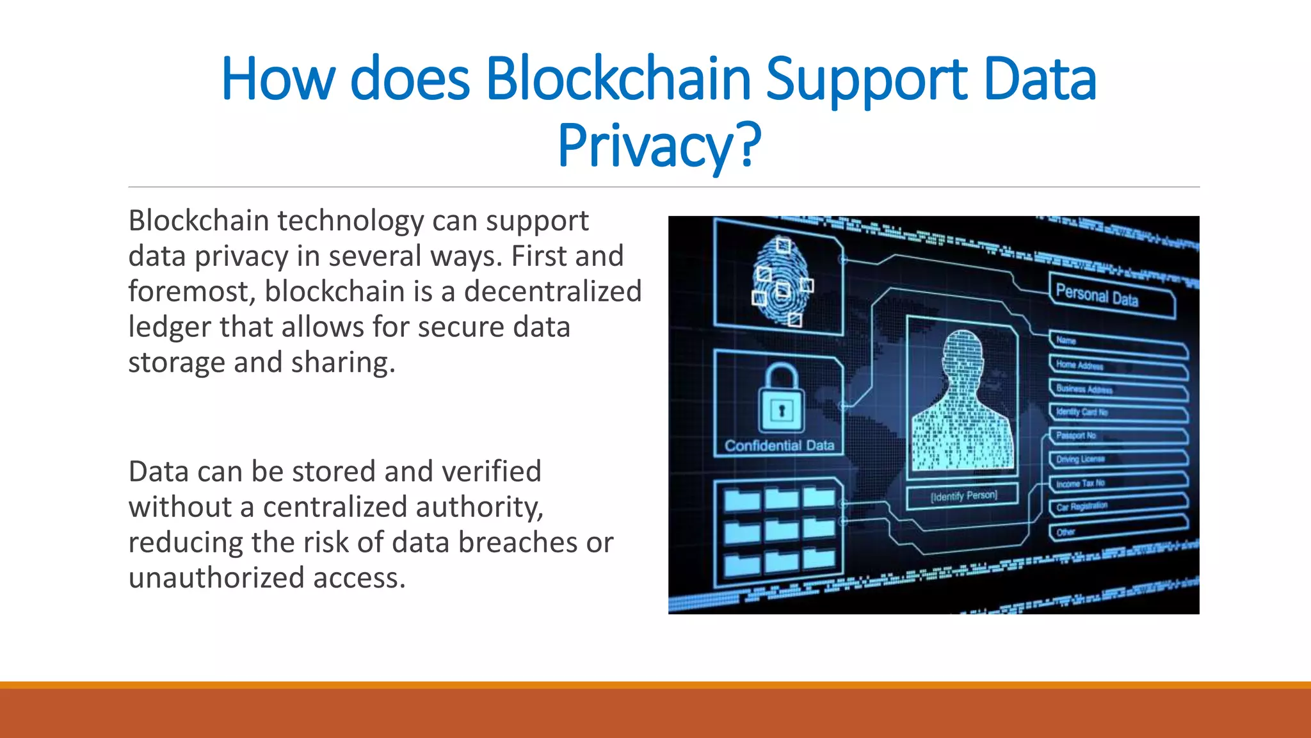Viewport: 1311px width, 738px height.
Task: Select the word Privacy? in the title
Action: pyautogui.click(x=659, y=146)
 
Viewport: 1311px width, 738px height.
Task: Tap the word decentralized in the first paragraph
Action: pyautogui.click(x=552, y=291)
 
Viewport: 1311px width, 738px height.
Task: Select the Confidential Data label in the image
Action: pyautogui.click(x=779, y=446)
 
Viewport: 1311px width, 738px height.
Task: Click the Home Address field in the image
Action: pyautogui.click(x=1117, y=366)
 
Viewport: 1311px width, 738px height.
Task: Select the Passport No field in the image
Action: pyautogui.click(x=1117, y=437)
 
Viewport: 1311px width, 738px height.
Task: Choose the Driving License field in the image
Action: pyautogui.click(x=1117, y=460)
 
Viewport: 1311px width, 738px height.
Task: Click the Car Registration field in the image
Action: pyautogui.click(x=1117, y=507)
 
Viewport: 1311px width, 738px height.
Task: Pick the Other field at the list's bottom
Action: pyautogui.click(x=1117, y=531)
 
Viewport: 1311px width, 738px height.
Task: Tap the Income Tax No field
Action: pyautogui.click(x=1117, y=484)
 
